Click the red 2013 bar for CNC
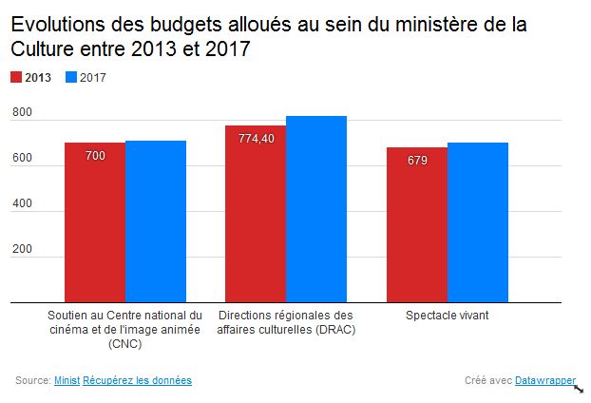click(95, 222)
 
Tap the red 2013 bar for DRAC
click(256, 214)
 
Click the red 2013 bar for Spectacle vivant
click(417, 225)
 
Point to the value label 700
click(95, 155)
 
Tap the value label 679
click(417, 160)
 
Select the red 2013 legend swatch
click(17, 78)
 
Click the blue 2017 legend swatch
click(71, 78)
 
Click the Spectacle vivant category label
click(447, 316)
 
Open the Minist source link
click(67, 380)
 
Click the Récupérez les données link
click(137, 380)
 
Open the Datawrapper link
click(544, 380)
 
